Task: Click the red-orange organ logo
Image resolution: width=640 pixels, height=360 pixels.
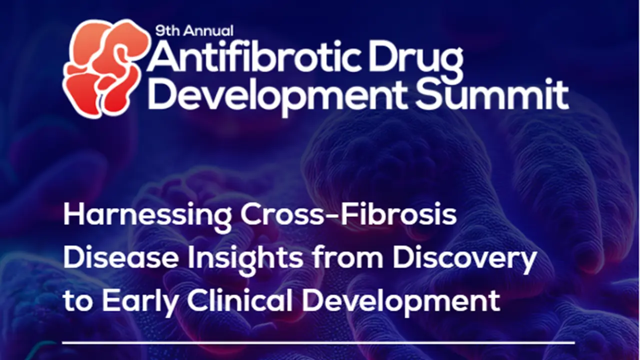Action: click(107, 68)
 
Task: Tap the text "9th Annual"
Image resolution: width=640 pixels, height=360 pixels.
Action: click(194, 31)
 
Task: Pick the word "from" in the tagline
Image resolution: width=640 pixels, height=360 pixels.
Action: click(347, 258)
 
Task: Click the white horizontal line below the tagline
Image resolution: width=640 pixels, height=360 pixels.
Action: click(318, 342)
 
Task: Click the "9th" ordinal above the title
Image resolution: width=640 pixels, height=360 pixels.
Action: click(167, 31)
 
